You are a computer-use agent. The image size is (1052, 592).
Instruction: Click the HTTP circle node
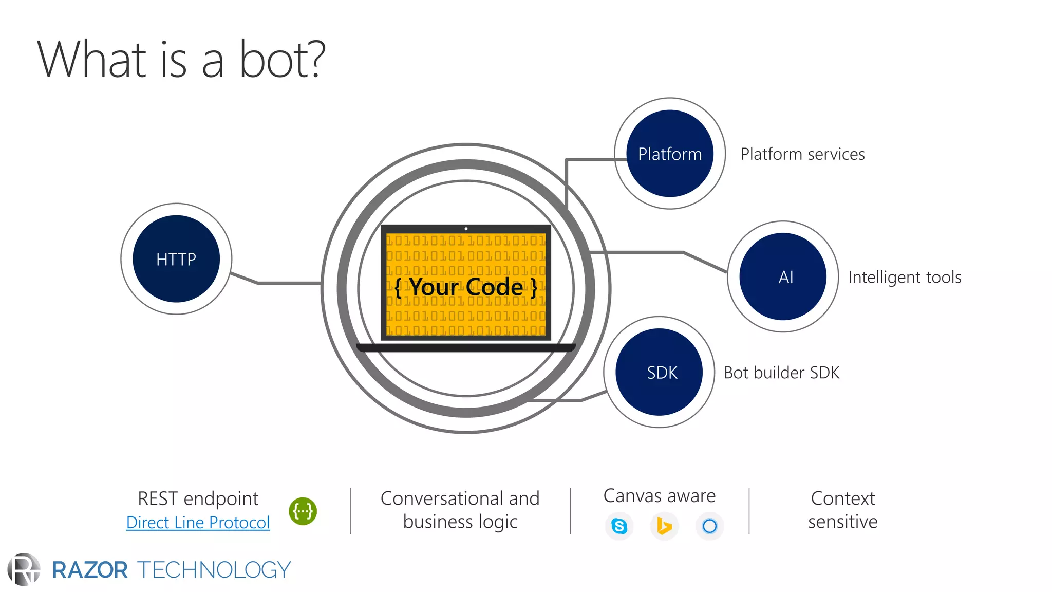click(x=176, y=259)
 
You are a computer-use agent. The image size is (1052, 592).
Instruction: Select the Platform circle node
click(x=670, y=154)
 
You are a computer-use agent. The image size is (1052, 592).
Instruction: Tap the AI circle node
click(x=783, y=276)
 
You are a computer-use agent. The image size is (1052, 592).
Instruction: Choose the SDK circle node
click(x=660, y=372)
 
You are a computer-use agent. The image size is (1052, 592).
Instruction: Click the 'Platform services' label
click(x=802, y=154)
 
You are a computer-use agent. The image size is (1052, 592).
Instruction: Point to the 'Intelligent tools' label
click(x=905, y=277)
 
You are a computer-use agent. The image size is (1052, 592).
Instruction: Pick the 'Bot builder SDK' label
click(x=781, y=373)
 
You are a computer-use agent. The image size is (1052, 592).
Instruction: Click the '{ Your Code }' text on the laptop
click(x=466, y=287)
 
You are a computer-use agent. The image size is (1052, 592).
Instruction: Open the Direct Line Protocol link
click(x=198, y=523)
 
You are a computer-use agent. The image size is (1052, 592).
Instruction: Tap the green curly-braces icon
click(x=303, y=511)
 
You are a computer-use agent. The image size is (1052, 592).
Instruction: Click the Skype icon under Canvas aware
click(x=619, y=526)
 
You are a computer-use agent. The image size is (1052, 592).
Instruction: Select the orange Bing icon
click(x=664, y=526)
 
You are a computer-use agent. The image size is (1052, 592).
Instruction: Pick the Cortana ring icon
click(x=709, y=526)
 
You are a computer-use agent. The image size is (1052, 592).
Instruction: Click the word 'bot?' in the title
click(x=282, y=60)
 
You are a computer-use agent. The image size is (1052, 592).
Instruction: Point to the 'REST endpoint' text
click(x=198, y=498)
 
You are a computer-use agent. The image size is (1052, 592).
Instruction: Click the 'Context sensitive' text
click(x=842, y=510)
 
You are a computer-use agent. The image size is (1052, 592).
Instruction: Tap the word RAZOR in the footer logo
click(x=90, y=570)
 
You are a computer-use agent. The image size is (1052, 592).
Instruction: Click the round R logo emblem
click(x=24, y=569)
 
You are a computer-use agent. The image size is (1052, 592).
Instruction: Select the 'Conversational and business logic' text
click(x=460, y=510)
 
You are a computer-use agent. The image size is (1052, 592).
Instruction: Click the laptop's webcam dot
click(x=466, y=229)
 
